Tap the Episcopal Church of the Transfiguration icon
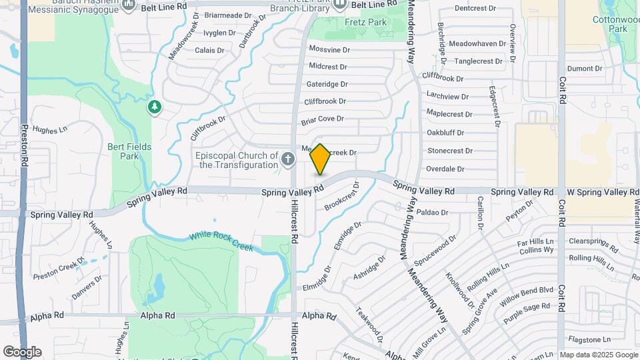287,159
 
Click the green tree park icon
155,107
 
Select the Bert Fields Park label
129,151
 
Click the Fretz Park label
366,22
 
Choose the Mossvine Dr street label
329,49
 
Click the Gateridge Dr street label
327,84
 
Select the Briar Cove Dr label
322,119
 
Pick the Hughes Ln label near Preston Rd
50,130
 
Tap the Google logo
21,351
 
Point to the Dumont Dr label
585,68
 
